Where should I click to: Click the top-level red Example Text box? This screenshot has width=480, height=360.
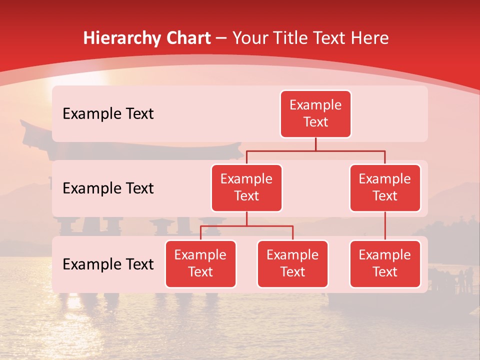pos(315,114)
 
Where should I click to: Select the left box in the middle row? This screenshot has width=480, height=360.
pos(246,188)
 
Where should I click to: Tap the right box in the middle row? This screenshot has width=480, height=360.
pos(385,188)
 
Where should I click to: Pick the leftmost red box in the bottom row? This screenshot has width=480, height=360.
pos(200,264)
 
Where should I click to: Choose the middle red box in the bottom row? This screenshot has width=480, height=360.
pos(292,264)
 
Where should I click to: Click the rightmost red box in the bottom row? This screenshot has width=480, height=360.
pos(385,264)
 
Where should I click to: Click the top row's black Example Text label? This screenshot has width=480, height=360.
pos(108,114)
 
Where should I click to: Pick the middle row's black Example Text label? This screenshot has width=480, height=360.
pos(108,188)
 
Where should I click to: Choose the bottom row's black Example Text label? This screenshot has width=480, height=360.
pos(108,264)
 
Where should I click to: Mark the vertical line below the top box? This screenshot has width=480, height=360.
pos(315,144)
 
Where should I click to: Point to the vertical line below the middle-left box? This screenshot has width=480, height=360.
pos(246,219)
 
